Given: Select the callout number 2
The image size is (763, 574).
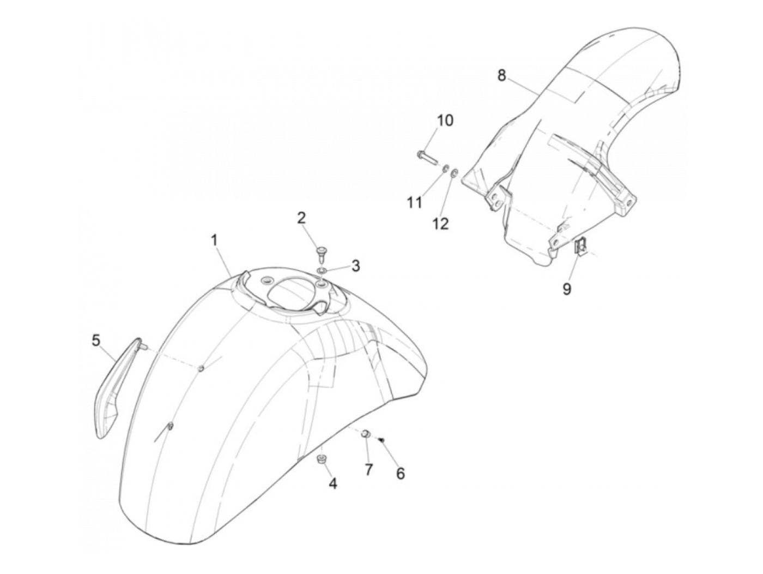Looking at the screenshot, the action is click(301, 218).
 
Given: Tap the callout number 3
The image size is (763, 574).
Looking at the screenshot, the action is click(355, 266).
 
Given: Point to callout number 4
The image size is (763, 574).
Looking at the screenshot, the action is click(332, 483).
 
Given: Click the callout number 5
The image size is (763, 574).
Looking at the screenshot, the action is click(96, 341).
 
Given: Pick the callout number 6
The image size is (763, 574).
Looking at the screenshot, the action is click(401, 474).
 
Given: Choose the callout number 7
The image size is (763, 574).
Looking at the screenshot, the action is click(369, 469).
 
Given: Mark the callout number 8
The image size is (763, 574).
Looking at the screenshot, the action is click(501, 75).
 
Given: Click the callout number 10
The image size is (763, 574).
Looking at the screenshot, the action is click(445, 120).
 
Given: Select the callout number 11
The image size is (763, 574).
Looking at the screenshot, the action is click(415, 203).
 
